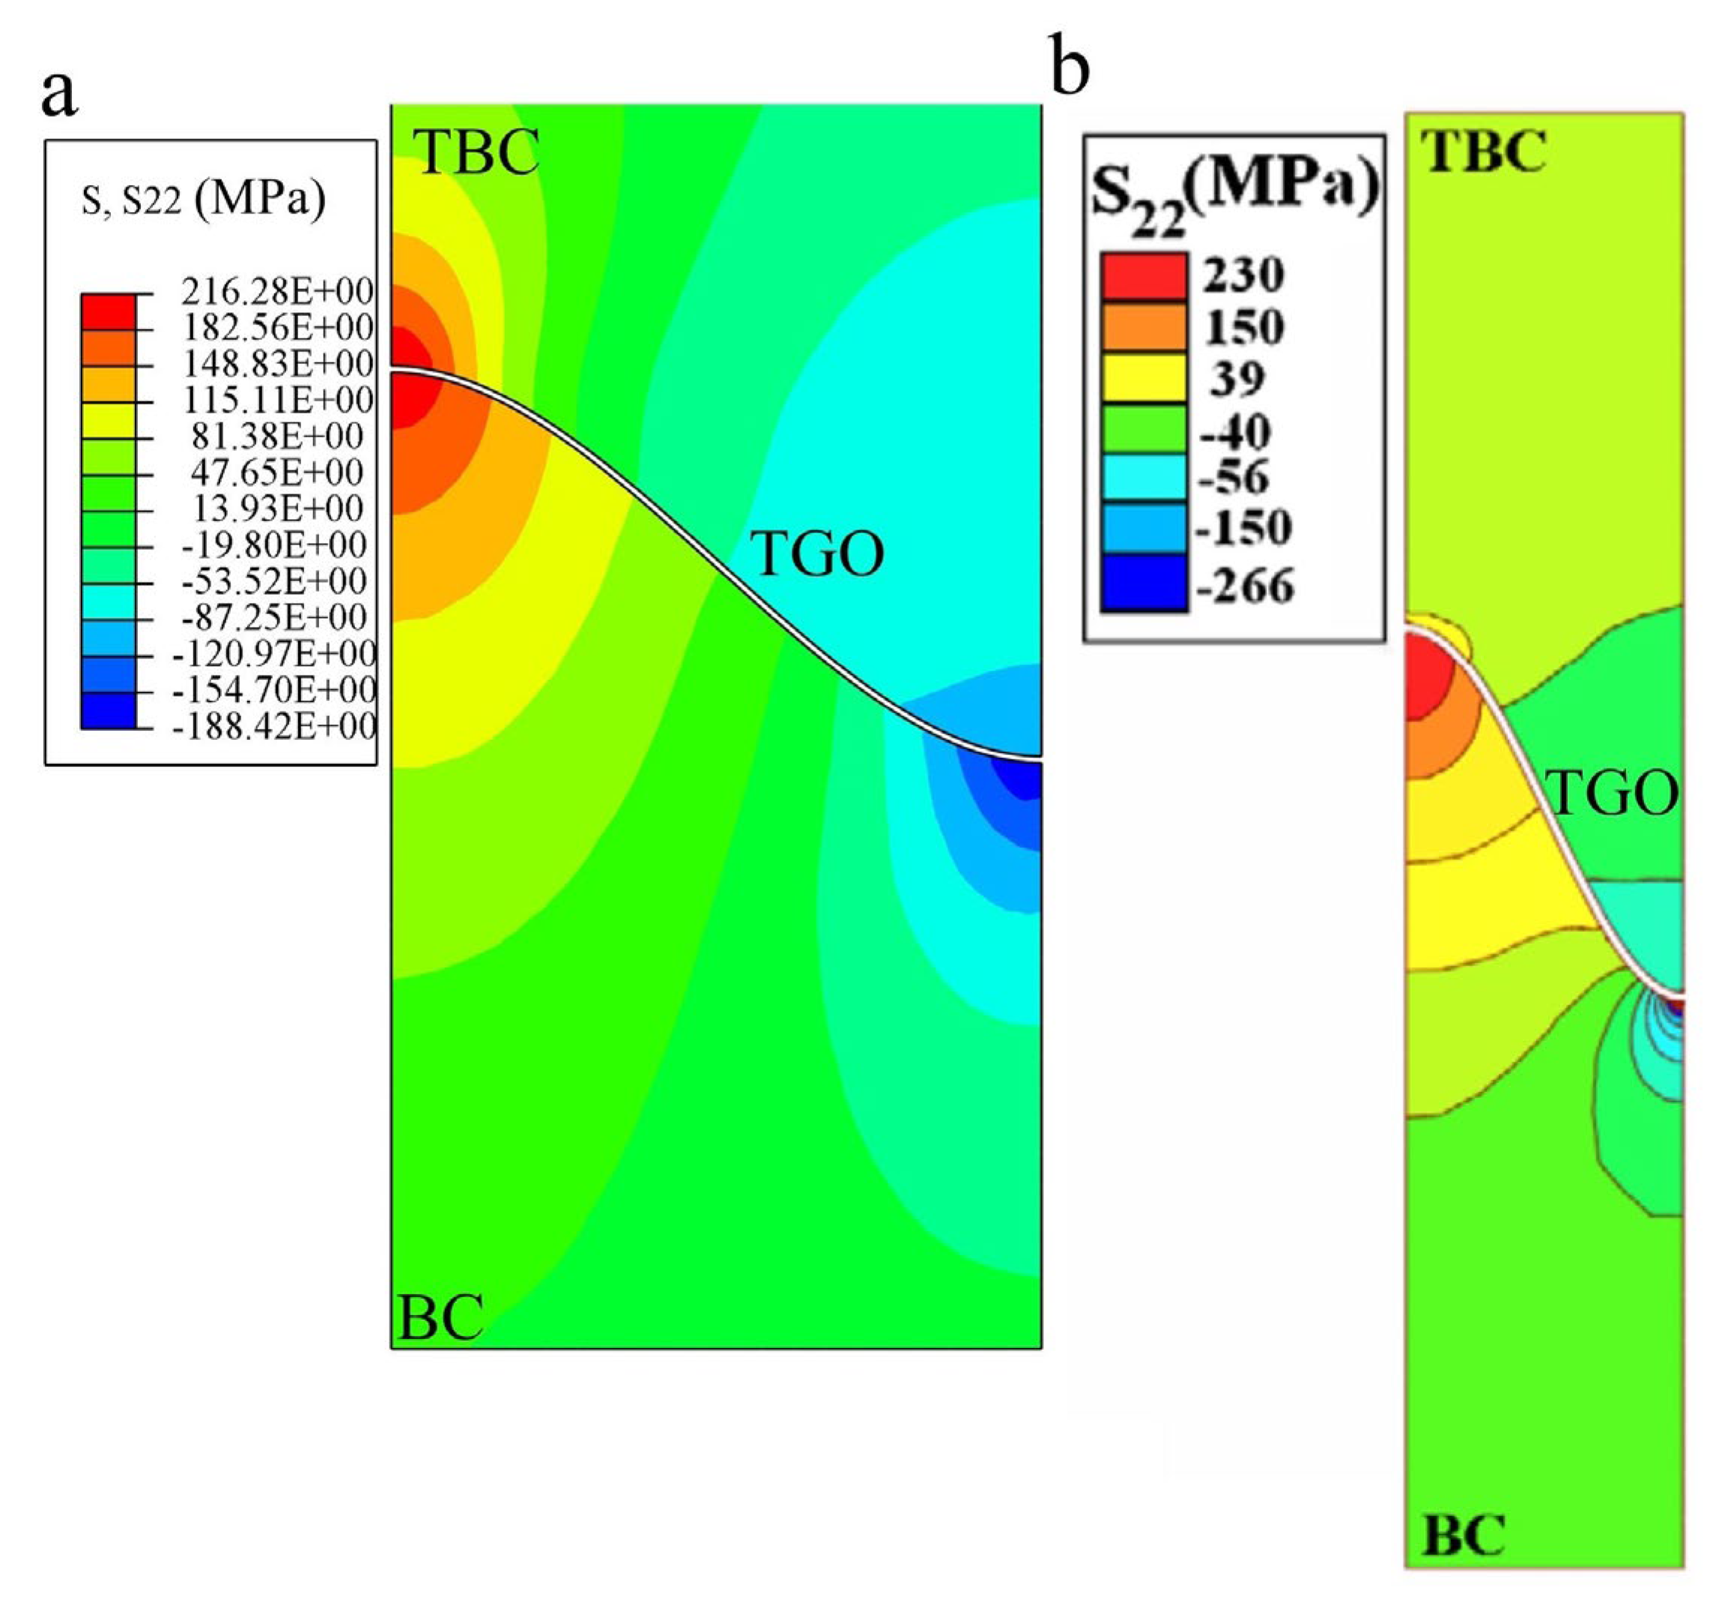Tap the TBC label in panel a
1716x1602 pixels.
(x=477, y=152)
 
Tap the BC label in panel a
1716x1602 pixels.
(x=440, y=1318)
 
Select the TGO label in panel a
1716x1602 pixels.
(x=816, y=554)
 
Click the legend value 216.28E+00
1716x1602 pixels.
(x=277, y=292)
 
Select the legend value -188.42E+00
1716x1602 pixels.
(x=274, y=726)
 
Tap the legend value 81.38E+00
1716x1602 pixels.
(x=277, y=436)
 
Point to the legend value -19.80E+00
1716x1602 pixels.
(x=274, y=544)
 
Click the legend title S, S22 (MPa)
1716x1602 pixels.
(x=204, y=200)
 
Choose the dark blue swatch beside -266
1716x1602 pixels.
(x=1143, y=583)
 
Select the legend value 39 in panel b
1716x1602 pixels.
(x=1237, y=378)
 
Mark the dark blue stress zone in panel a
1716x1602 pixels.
(x=1019, y=781)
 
